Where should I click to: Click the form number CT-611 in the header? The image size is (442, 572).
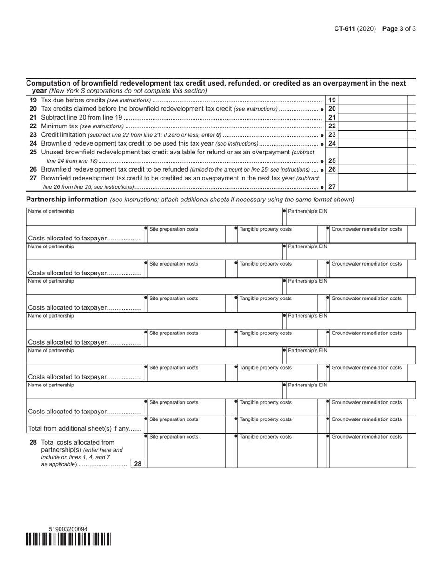tap(344, 28)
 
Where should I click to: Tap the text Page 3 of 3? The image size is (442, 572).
tap(399, 28)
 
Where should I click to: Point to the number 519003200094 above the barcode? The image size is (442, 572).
tap(68, 529)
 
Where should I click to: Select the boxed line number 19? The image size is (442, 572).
tap(332, 100)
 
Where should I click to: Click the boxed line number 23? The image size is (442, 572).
tap(332, 135)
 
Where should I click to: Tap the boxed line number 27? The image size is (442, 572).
tap(332, 186)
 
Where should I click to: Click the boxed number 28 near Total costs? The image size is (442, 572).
tap(138, 464)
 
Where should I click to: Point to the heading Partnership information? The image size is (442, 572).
tap(67, 200)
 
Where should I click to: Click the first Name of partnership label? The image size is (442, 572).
tap(51, 212)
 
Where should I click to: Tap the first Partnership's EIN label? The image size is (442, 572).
tap(308, 212)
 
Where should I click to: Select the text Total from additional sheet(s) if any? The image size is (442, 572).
tap(85, 428)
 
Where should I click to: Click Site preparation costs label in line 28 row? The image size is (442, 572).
tap(174, 437)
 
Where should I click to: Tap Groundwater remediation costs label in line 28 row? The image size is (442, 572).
tap(366, 437)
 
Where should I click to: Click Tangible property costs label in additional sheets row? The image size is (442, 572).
tap(266, 419)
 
